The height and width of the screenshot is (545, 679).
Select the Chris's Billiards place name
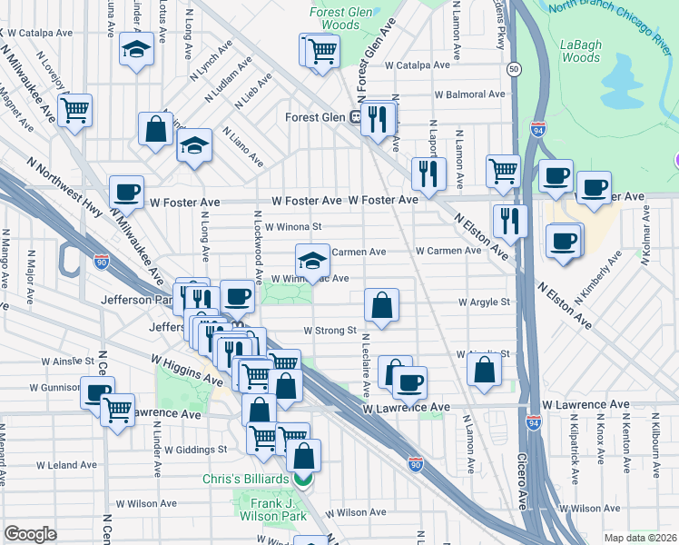tap(252, 479)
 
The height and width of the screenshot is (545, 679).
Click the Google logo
tap(31, 534)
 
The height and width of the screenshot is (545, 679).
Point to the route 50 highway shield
tap(514, 69)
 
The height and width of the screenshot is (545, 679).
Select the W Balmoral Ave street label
tap(467, 94)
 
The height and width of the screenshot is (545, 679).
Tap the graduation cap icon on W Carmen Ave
tap(311, 260)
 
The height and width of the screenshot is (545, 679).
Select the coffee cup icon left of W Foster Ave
tap(126, 192)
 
